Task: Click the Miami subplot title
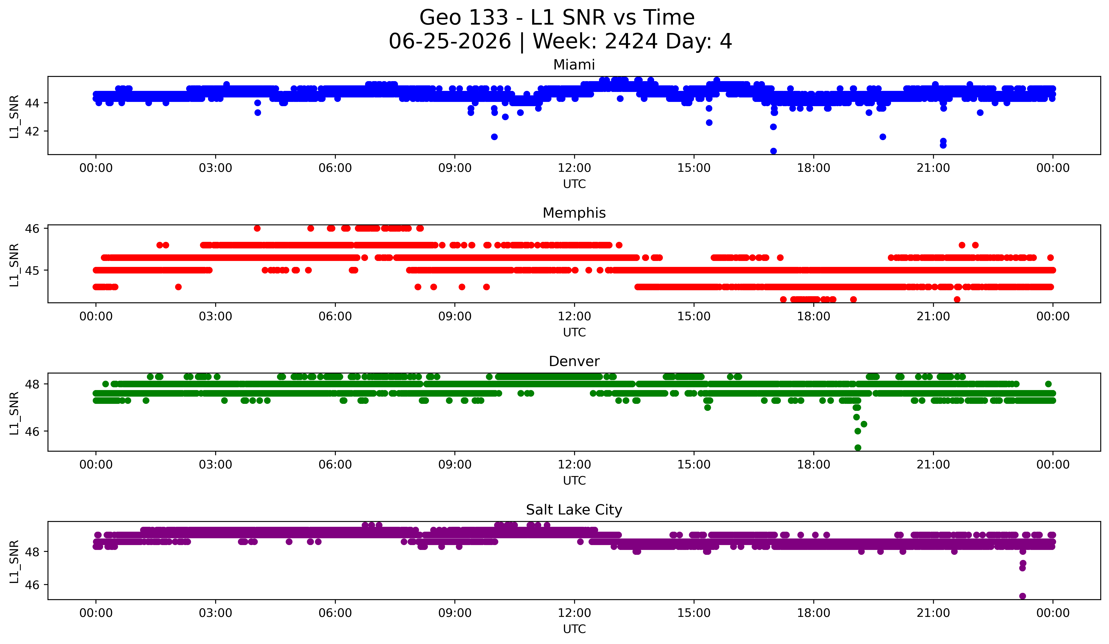pos(574,65)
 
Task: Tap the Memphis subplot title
pos(574,213)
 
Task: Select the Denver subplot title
pos(574,361)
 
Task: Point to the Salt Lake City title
pos(574,510)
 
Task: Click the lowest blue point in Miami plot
pos(773,151)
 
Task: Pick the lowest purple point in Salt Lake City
pos(1022,596)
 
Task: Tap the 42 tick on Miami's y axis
pos(33,131)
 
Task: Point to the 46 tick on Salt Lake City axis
pos(33,585)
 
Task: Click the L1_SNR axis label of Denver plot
pos(14,413)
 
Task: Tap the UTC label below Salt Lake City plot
pos(574,629)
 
